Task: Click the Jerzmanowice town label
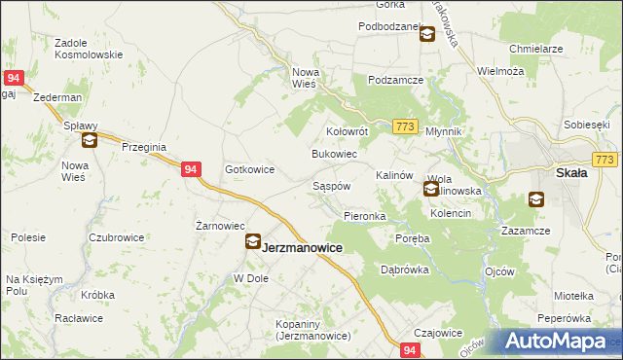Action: [303, 248]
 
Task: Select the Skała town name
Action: [569, 173]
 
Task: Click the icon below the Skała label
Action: [536, 200]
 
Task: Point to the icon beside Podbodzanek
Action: [427, 35]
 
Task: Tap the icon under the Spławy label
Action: [90, 141]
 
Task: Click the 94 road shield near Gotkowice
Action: [191, 168]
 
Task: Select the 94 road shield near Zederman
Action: [14, 78]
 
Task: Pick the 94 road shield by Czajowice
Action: [411, 350]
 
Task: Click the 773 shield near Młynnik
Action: [406, 127]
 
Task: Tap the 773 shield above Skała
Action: [605, 159]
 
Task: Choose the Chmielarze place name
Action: [537, 48]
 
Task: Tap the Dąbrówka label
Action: [405, 270]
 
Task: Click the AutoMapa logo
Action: [563, 342]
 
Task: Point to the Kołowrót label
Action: [346, 130]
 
